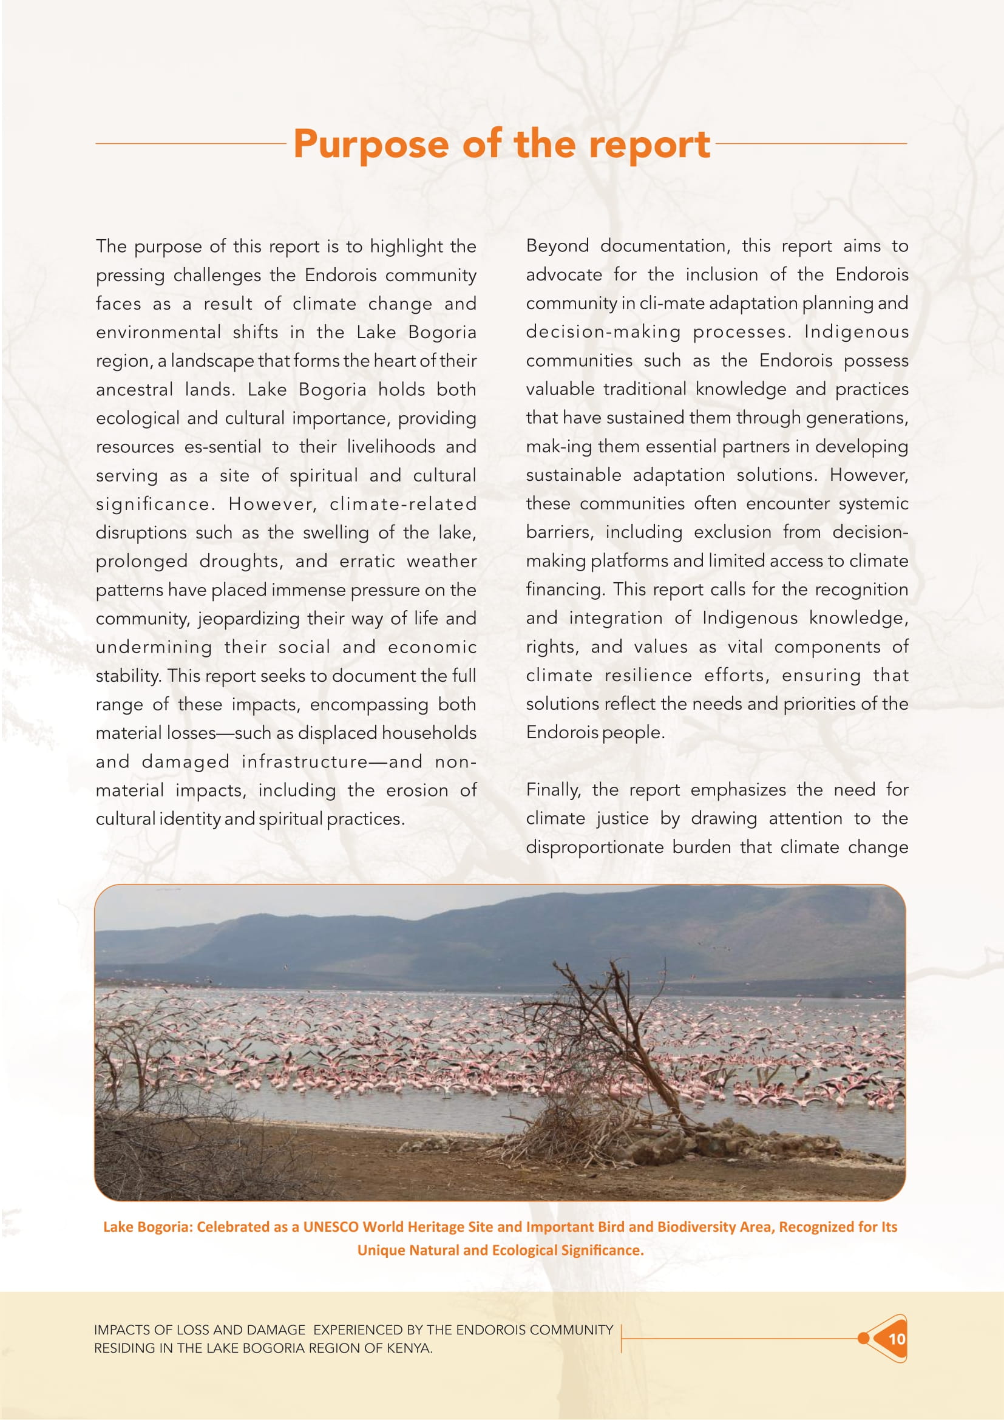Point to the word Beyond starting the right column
[x=557, y=246]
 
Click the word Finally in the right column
[x=553, y=790]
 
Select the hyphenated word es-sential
[x=223, y=447]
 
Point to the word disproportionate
[x=594, y=847]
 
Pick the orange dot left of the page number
[x=863, y=1339]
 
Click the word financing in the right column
[x=565, y=589]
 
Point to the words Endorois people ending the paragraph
[x=595, y=732]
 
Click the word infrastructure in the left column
[x=305, y=761]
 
